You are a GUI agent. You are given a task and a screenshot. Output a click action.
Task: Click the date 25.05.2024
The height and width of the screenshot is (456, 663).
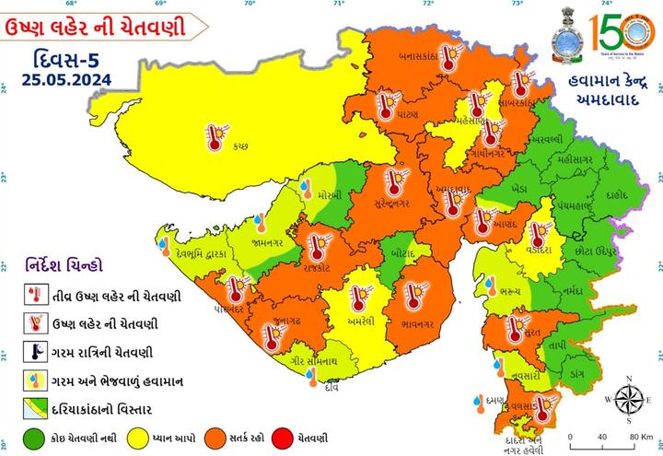(x=58, y=80)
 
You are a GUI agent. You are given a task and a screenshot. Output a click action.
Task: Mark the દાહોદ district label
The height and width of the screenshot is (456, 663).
(x=619, y=195)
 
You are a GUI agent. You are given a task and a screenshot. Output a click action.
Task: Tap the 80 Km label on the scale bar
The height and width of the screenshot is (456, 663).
(x=642, y=437)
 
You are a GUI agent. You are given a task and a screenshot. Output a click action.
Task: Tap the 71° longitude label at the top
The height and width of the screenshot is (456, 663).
(x=339, y=5)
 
